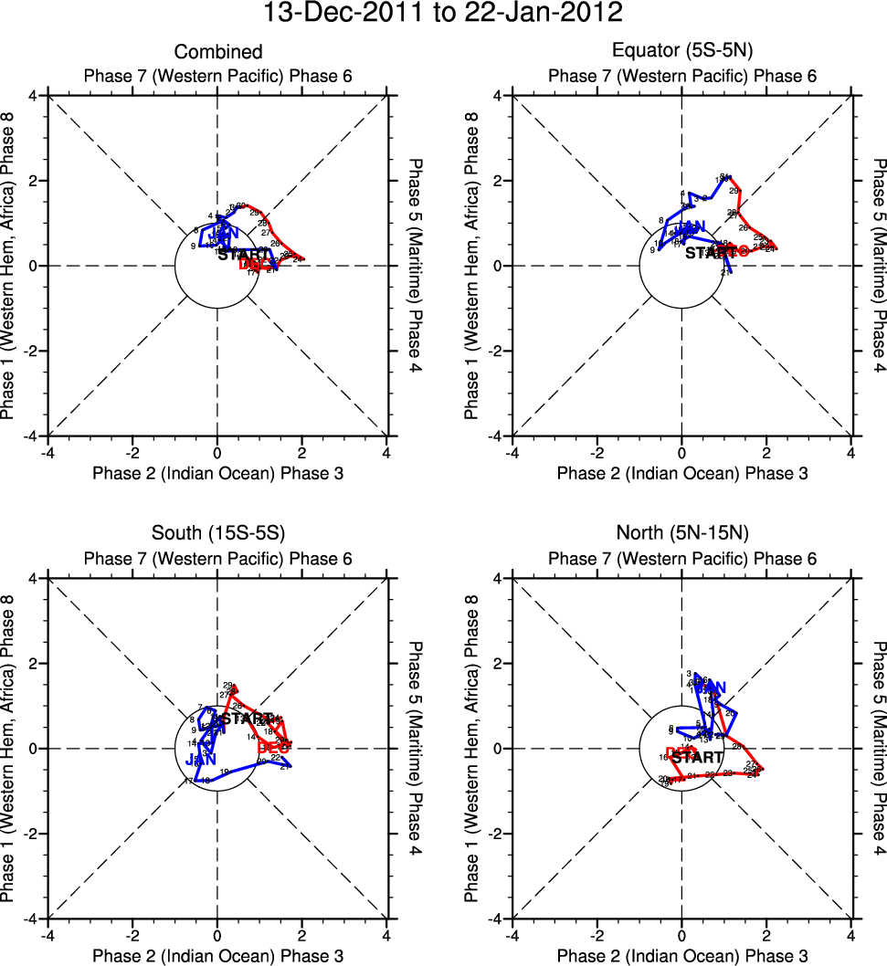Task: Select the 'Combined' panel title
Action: point(218,53)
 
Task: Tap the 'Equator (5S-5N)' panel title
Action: point(682,53)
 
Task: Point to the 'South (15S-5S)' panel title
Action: point(218,536)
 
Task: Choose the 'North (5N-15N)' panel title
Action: point(682,536)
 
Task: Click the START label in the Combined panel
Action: point(244,254)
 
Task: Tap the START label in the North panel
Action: point(698,758)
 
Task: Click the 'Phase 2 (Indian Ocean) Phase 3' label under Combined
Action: point(218,473)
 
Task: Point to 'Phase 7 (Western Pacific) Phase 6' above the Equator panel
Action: point(682,76)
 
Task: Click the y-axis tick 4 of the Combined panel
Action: point(31,95)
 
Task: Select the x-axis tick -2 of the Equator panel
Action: point(597,452)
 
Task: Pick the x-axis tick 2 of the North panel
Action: point(766,935)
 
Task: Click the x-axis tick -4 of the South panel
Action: point(46,935)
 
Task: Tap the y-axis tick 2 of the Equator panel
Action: point(495,181)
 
